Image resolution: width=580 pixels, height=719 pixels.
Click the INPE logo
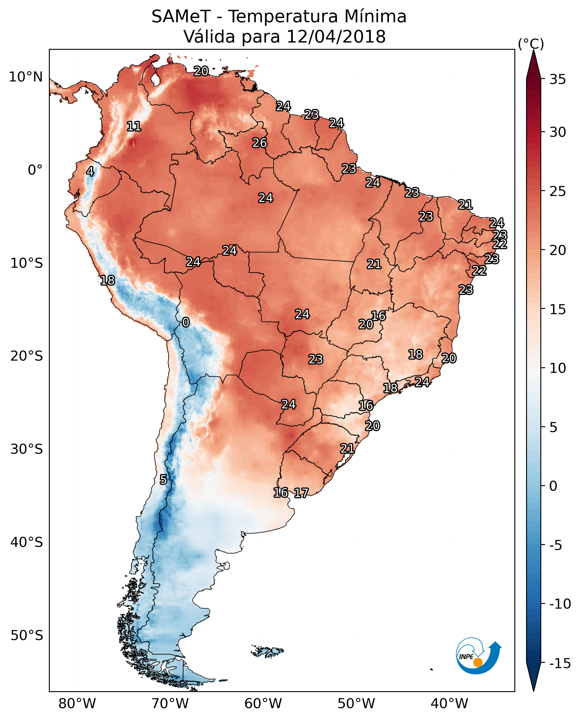(479, 655)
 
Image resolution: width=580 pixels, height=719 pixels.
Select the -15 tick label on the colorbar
(560, 663)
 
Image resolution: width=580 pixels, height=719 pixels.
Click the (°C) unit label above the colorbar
(531, 44)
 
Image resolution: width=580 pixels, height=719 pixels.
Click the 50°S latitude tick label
(27, 635)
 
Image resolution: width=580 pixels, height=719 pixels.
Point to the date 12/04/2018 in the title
(336, 36)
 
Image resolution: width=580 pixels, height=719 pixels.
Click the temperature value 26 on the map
(260, 143)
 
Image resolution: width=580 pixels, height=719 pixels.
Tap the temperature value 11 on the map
(134, 126)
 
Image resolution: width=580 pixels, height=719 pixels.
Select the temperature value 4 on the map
(90, 171)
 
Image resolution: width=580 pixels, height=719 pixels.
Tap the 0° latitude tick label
(35, 170)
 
